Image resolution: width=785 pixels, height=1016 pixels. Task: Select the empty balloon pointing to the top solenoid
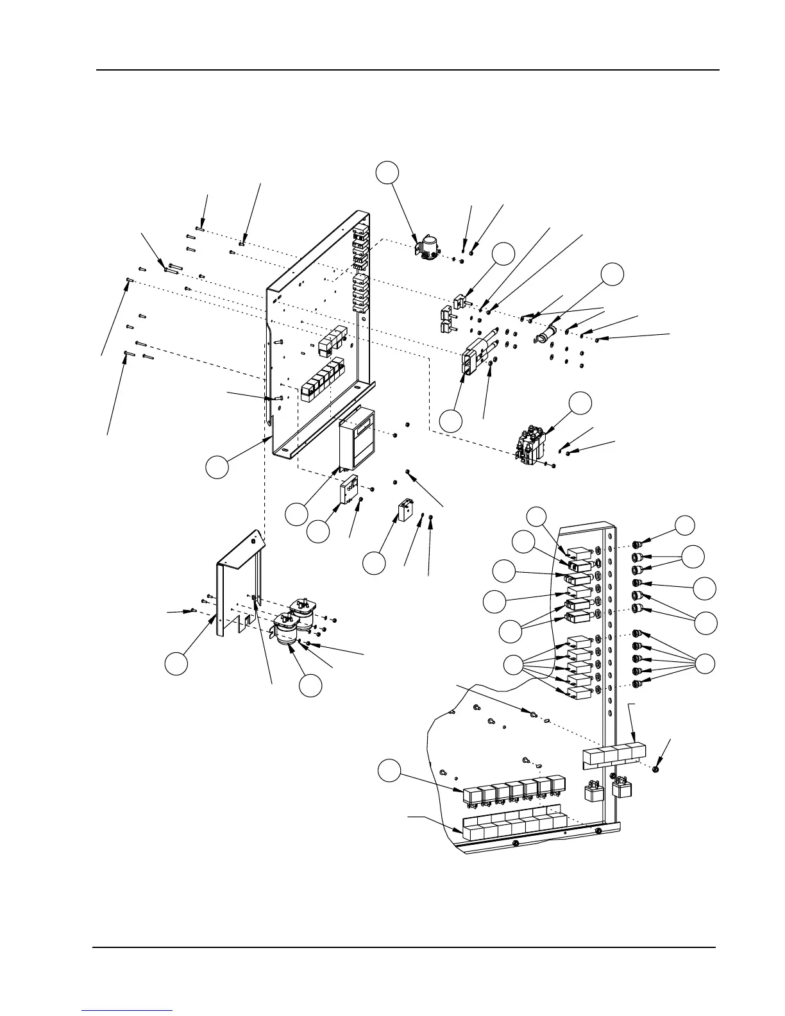coord(387,172)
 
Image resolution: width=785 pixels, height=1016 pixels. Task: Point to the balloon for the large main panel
coord(217,466)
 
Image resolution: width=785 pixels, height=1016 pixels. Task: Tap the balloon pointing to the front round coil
coord(311,685)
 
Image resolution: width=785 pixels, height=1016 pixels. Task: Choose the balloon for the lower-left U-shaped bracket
coord(176,663)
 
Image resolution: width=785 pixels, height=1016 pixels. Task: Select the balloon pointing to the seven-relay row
coord(388,770)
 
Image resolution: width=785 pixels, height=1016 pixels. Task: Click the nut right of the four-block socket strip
coord(655,768)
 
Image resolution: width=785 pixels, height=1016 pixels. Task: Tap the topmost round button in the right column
coord(638,545)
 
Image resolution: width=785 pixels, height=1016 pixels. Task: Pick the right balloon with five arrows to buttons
coord(705,663)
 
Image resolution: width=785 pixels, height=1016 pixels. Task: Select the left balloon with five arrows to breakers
coord(513,665)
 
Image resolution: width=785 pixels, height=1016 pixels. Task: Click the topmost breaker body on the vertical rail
coord(579,552)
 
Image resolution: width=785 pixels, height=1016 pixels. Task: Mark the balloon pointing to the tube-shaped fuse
coord(612,273)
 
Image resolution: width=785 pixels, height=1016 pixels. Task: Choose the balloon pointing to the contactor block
coord(581,402)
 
